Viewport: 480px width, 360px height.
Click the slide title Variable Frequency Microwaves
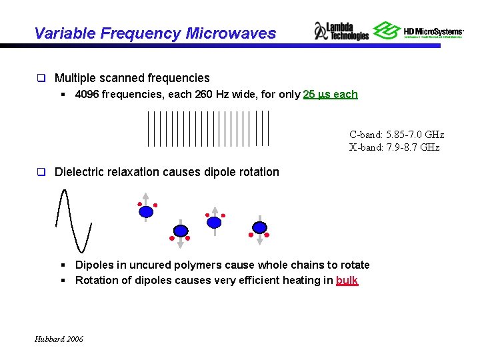click(x=154, y=33)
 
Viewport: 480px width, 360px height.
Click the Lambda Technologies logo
click(x=341, y=31)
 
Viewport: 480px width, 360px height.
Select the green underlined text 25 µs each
click(x=330, y=94)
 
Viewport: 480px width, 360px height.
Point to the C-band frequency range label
click(x=396, y=135)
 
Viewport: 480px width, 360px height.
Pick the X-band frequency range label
click(x=394, y=147)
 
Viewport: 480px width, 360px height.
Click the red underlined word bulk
click(x=347, y=280)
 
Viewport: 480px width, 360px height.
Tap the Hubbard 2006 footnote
click(x=59, y=339)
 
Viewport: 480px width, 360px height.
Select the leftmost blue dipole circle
click(x=146, y=211)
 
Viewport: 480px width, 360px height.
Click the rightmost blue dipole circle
click(x=259, y=227)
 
